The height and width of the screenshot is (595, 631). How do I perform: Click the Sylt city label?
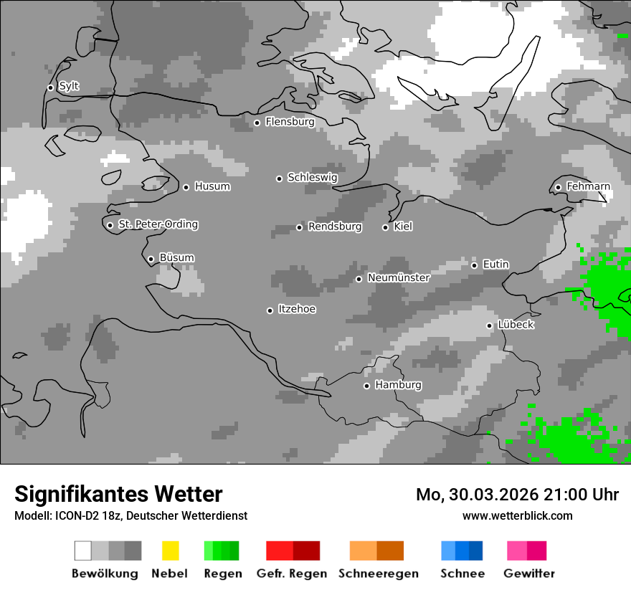[x=69, y=87]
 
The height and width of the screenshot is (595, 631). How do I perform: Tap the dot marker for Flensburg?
[x=257, y=123]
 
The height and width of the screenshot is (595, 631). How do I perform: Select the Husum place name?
[x=212, y=187]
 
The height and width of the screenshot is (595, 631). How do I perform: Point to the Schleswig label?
[x=312, y=178]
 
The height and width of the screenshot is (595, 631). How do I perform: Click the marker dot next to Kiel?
[x=385, y=227]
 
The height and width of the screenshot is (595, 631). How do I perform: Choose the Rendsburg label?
[x=334, y=227]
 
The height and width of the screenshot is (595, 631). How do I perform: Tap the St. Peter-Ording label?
[x=158, y=224]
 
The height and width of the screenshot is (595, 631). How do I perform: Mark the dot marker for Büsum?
[x=151, y=259]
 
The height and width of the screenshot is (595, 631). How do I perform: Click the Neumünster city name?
[x=398, y=278]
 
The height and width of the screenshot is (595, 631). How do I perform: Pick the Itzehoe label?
[x=297, y=310]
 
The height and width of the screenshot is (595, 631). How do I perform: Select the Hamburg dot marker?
[x=366, y=386]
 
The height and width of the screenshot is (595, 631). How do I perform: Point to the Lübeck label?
[x=516, y=325]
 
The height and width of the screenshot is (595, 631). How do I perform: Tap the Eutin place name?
[x=495, y=265]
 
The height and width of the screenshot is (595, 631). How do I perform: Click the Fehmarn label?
[x=588, y=187]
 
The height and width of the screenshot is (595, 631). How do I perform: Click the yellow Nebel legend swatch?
[x=170, y=551]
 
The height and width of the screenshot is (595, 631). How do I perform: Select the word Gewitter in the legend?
[x=528, y=573]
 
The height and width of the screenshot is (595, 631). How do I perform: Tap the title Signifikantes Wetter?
[x=118, y=495]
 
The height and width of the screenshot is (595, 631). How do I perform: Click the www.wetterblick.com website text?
[x=517, y=515]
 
